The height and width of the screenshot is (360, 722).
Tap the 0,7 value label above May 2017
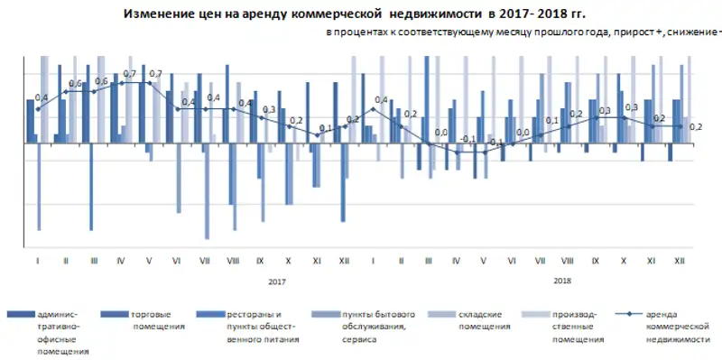[155, 74]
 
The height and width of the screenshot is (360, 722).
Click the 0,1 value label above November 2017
[326, 128]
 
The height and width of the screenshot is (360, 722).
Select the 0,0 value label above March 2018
[441, 133]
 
